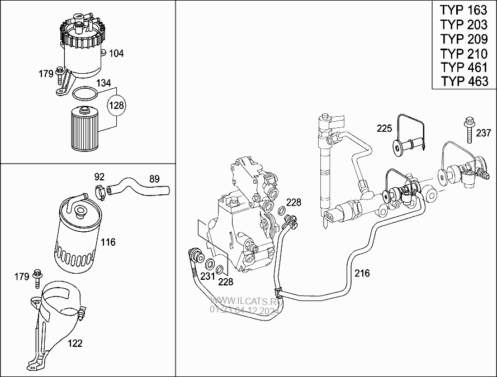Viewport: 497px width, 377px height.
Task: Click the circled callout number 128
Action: point(117,105)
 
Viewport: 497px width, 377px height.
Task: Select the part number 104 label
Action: point(116,53)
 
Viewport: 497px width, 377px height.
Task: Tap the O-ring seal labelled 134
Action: point(84,94)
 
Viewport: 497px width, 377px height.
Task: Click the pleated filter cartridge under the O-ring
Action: point(84,128)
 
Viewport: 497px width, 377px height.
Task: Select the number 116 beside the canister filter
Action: point(108,242)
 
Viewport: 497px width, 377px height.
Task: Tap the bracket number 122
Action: point(75,343)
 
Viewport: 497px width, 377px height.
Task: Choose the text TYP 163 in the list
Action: point(463,10)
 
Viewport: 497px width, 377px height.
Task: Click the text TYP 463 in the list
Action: point(465,82)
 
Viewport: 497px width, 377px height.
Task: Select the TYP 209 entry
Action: point(464,39)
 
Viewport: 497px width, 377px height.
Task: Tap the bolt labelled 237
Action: point(470,130)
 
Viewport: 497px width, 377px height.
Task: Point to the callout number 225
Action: point(385,128)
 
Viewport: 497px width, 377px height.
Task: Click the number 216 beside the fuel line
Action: point(362,273)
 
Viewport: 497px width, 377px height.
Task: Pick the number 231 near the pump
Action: point(207,276)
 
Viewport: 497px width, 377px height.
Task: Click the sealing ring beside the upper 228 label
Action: point(281,211)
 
